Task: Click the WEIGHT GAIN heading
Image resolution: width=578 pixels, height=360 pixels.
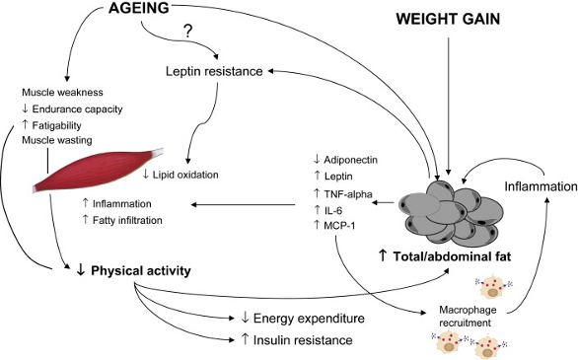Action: click(x=449, y=20)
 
